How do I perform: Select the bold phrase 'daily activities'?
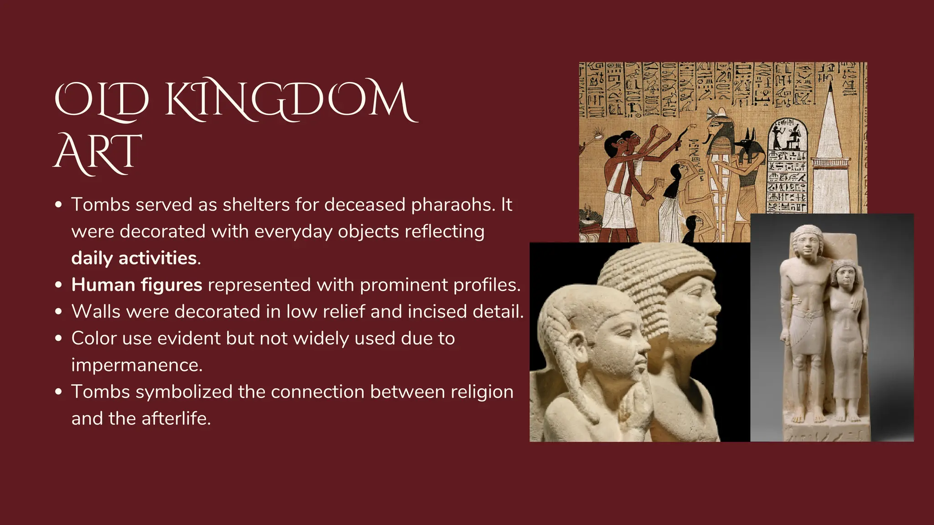(x=134, y=258)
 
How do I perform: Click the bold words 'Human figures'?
(x=137, y=285)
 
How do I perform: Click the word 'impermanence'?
(x=136, y=365)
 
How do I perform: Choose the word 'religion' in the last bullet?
(x=482, y=392)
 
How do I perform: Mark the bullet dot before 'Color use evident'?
(x=58, y=339)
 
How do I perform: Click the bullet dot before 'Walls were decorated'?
(x=58, y=312)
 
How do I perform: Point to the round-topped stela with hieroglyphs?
(x=788, y=164)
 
